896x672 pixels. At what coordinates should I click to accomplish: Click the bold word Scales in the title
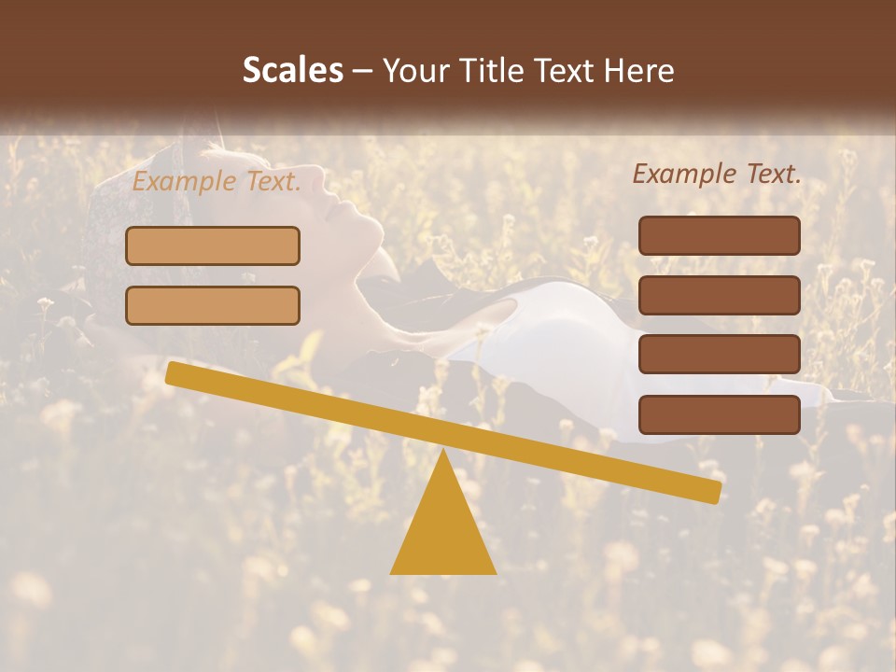[x=292, y=71]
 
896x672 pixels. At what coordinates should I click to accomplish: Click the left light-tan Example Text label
[x=217, y=182]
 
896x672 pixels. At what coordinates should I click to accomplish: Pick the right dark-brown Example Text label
[x=717, y=174]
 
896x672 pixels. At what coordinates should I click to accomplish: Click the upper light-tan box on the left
[x=213, y=246]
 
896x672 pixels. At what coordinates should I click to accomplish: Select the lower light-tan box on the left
[x=213, y=305]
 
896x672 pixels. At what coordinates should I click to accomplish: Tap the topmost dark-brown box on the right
[x=719, y=235]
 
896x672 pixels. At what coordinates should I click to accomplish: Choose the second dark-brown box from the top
[x=719, y=295]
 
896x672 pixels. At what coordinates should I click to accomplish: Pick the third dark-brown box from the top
[x=719, y=355]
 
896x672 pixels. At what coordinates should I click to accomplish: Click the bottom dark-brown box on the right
[x=719, y=414]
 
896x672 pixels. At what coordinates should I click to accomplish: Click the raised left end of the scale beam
[x=174, y=372]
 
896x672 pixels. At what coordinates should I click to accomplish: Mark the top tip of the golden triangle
[x=443, y=452]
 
